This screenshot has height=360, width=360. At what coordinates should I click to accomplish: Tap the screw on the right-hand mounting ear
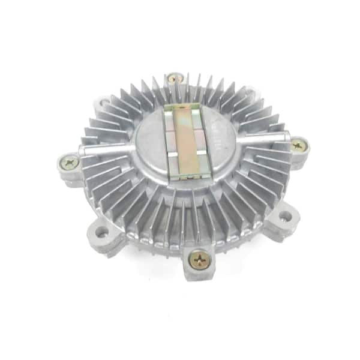click(x=298, y=145)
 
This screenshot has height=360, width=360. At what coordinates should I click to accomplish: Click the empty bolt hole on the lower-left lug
click(x=101, y=231)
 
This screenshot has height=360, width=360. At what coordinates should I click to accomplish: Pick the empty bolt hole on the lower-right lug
click(x=285, y=215)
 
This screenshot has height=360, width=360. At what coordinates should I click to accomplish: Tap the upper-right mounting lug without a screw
click(x=252, y=93)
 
